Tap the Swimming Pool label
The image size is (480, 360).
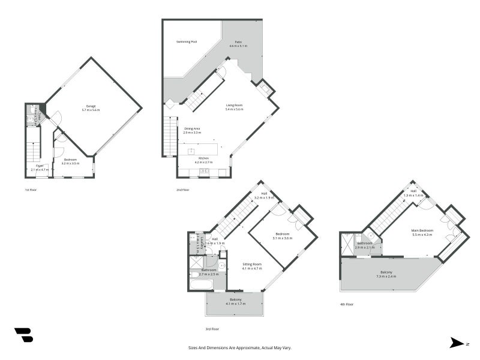click(187, 42)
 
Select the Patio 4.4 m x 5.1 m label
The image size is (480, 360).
click(238, 44)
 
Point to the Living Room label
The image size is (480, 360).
click(234, 107)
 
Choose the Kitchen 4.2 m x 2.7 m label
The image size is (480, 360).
click(203, 160)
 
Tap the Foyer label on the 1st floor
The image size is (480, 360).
click(39, 167)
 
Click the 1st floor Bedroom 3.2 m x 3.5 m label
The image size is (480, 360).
click(70, 161)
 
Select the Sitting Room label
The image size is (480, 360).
click(252, 266)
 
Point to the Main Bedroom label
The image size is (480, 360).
click(422, 232)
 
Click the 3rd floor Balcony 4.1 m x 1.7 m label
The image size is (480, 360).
click(236, 301)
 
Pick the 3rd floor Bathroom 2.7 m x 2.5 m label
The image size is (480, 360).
click(209, 271)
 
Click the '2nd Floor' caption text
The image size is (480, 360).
click(182, 190)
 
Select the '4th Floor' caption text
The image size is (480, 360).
click(346, 304)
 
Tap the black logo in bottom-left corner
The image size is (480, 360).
click(23, 335)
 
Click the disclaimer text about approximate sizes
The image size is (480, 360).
click(240, 347)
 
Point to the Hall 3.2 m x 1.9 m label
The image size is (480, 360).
click(264, 195)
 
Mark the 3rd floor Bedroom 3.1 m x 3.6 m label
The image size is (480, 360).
click(283, 236)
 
